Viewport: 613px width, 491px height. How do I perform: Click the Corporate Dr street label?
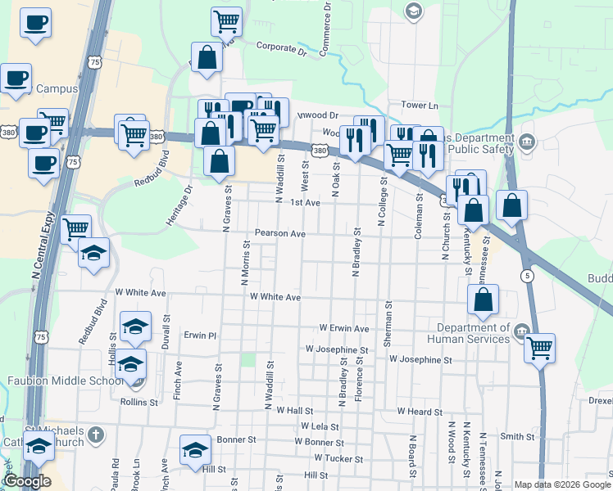pyautogui.click(x=280, y=48)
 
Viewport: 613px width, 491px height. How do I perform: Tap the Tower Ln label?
pyautogui.click(x=420, y=106)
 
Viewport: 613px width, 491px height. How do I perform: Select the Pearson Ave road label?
pyautogui.click(x=279, y=233)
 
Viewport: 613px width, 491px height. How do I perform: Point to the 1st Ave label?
pyautogui.click(x=305, y=202)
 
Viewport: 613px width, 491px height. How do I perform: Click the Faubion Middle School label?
pyautogui.click(x=54, y=381)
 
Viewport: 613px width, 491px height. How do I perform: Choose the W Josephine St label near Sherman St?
pyautogui.click(x=420, y=359)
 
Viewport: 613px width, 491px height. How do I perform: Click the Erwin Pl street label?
pyautogui.click(x=200, y=336)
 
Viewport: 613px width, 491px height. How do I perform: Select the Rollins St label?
pyautogui.click(x=138, y=402)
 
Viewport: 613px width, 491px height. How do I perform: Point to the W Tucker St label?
pyautogui.click(x=338, y=458)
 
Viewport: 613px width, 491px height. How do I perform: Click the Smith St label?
pyautogui.click(x=517, y=437)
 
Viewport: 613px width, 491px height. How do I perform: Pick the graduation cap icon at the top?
pyautogui.click(x=413, y=10)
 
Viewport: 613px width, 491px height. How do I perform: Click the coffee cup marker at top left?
pyautogui.click(x=35, y=22)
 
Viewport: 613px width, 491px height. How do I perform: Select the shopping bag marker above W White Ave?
pyautogui.click(x=484, y=300)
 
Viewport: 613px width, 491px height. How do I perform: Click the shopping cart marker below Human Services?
pyautogui.click(x=539, y=348)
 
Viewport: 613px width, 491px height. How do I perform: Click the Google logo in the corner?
pyautogui.click(x=26, y=481)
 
